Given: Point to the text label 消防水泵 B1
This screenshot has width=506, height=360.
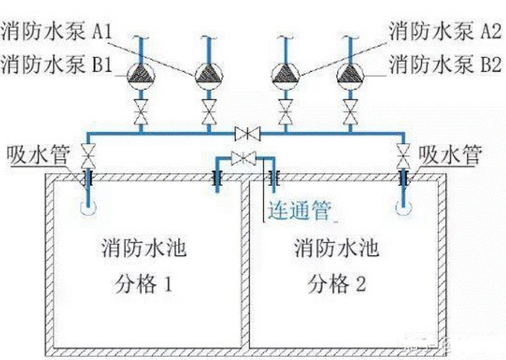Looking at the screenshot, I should coord(56,65).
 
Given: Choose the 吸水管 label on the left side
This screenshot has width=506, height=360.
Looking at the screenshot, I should coord(38,156).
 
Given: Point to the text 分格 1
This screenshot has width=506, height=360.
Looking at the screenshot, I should coord(143,283).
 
